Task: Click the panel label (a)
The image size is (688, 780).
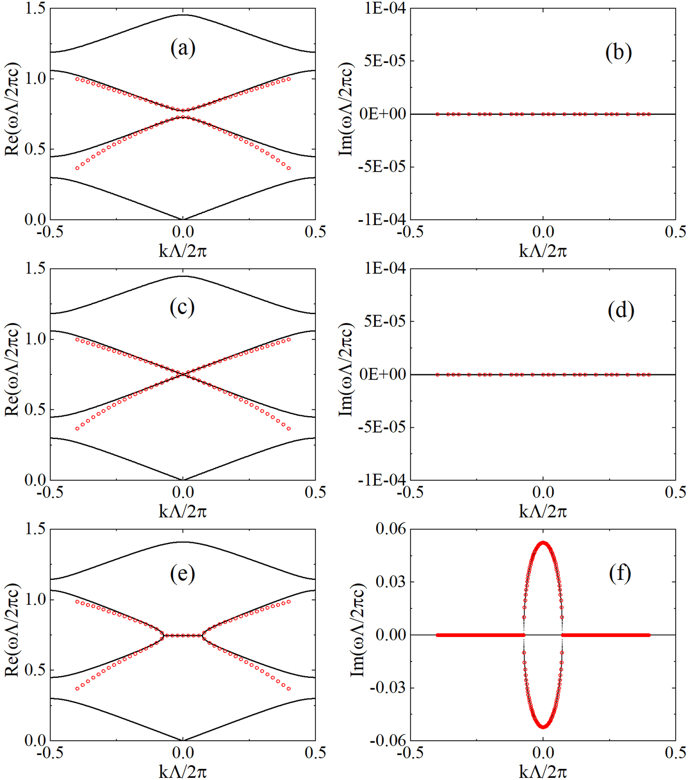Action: point(183,48)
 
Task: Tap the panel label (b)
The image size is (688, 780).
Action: point(618,52)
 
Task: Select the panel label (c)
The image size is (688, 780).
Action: point(182,307)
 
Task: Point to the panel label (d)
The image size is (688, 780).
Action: point(621,310)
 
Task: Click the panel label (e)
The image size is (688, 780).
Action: point(183,573)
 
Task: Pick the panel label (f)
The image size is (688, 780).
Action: point(620,573)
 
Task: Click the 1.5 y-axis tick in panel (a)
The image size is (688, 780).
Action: point(35,8)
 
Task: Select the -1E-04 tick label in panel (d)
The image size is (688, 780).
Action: point(382,480)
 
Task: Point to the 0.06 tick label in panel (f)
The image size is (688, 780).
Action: point(390,528)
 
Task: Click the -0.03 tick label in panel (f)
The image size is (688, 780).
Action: point(387,688)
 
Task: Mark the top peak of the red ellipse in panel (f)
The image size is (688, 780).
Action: point(543,542)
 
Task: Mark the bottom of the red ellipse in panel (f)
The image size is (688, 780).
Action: point(543,727)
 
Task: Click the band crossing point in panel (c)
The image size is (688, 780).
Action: point(183,374)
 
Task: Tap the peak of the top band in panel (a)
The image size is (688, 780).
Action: point(183,15)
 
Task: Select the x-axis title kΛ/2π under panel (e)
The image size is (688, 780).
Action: point(183,771)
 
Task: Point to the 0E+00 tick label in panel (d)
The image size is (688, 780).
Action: point(382,374)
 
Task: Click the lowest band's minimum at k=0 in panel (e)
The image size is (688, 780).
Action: point(183,740)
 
